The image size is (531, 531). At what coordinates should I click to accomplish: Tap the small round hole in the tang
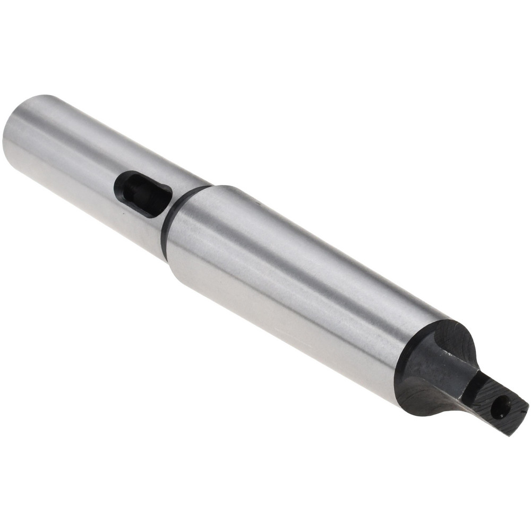500,408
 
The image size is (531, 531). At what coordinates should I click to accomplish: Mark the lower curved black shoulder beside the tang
419,398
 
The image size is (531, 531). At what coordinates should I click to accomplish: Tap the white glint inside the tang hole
502,406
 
